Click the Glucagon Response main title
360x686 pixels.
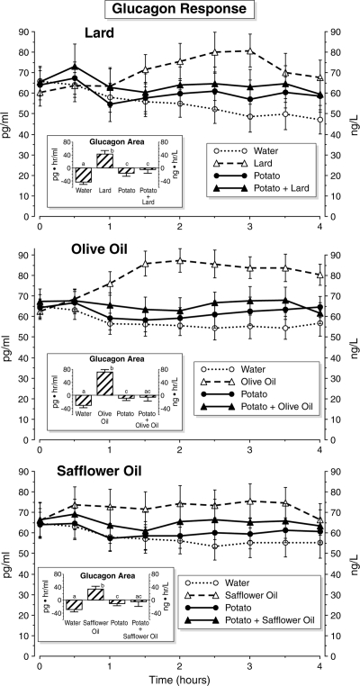[x=180, y=10]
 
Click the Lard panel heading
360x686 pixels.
[x=99, y=33]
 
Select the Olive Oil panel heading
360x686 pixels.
[x=99, y=249]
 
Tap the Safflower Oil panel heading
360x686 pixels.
[x=98, y=472]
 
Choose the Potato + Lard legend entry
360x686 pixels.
[x=261, y=188]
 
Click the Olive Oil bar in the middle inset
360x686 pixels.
[x=104, y=383]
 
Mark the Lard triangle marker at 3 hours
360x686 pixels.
[x=250, y=50]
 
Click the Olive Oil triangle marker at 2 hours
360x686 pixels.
[x=180, y=260]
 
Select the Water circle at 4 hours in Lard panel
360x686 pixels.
[x=319, y=120]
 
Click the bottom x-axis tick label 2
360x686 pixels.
[x=180, y=667]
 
